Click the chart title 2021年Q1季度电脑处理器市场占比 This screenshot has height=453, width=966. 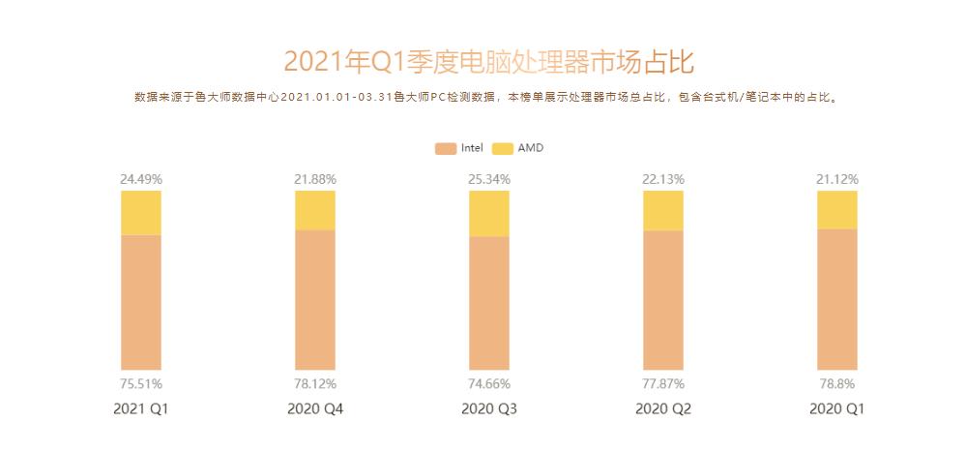coord(488,62)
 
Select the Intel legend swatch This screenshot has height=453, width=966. coord(445,148)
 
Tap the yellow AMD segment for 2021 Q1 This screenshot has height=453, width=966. coord(141,213)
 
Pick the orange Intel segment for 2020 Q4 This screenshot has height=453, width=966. coord(314,299)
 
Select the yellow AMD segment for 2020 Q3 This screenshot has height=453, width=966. coord(488,214)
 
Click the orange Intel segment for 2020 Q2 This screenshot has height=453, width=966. coord(662,299)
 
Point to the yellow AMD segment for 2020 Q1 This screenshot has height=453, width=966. coord(836,210)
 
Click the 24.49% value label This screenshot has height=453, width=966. coord(141,179)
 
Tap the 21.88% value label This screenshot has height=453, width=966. coord(314,179)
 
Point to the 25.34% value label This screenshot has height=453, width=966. coord(488,179)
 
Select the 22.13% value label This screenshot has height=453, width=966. coord(662,179)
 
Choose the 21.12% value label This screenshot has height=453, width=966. coord(836,179)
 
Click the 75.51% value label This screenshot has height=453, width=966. coord(141,383)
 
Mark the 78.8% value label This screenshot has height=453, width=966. coord(836,383)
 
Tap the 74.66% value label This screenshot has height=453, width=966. coord(488,383)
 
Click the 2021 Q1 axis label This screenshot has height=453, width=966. coord(141,409)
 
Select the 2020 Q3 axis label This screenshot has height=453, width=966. coord(488,409)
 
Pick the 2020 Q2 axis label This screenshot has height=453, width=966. coord(662,409)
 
